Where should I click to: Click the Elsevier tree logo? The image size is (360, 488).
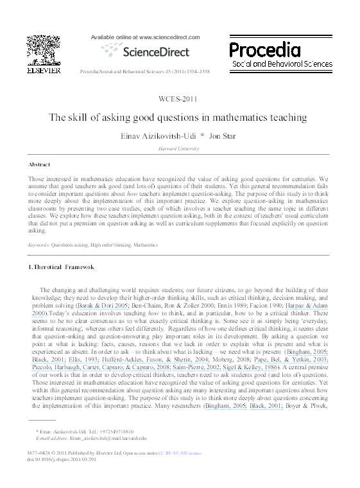pos(43,51)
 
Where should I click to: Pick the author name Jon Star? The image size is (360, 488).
pos(227,135)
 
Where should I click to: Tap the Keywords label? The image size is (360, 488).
pos(41,245)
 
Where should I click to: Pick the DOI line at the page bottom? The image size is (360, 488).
pos(60,461)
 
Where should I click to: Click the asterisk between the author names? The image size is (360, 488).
pos(202,135)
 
